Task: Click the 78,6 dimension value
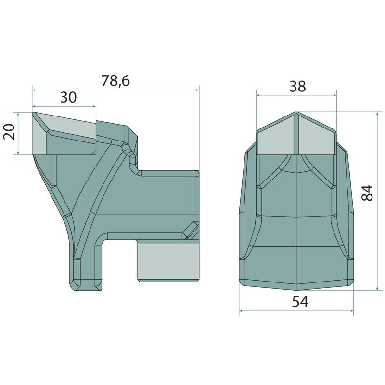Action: coord(115,81)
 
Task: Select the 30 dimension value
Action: coord(68,97)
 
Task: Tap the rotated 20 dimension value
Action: coord(9,132)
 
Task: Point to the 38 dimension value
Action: coord(297,87)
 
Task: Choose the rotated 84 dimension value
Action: coord(368,193)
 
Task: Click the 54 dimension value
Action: coord(300,302)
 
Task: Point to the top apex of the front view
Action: coord(296,112)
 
